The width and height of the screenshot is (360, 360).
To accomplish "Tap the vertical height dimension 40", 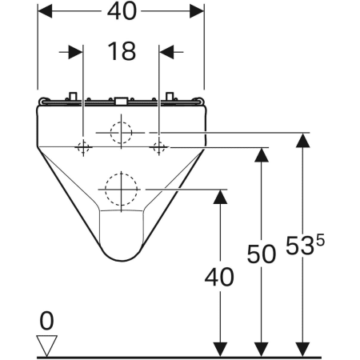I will [218, 278].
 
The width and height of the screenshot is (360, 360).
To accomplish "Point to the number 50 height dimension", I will [259, 255].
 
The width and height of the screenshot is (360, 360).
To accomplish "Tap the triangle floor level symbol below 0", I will [48, 345].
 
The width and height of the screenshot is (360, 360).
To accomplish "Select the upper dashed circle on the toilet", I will [122, 131].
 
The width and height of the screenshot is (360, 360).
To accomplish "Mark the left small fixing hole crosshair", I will [82, 146].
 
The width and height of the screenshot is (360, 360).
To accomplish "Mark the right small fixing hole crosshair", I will [160, 146].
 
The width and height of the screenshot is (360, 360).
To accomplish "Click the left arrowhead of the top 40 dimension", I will [46, 12].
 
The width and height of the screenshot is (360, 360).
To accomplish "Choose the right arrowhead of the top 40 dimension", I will [197, 12].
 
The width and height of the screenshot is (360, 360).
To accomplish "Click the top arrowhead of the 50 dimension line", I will [259, 154].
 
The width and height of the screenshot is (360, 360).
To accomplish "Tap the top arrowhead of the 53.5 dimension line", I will [302, 141].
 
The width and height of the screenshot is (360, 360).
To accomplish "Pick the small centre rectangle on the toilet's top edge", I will [122, 102].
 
